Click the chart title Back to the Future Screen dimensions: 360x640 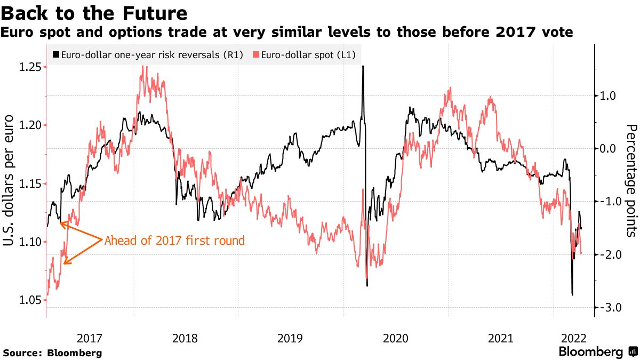click(94, 12)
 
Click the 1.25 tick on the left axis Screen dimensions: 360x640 click(30, 67)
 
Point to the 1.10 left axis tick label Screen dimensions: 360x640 click(30, 242)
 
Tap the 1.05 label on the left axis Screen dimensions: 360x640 click(30, 300)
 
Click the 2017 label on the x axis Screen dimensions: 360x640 click(89, 338)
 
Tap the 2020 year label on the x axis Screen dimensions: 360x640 click(395, 338)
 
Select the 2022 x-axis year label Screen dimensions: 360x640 click(574, 338)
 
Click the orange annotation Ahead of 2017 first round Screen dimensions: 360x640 click(174, 241)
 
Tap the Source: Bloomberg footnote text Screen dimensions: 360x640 click(52, 353)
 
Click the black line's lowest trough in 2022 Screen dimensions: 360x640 click(572, 294)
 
